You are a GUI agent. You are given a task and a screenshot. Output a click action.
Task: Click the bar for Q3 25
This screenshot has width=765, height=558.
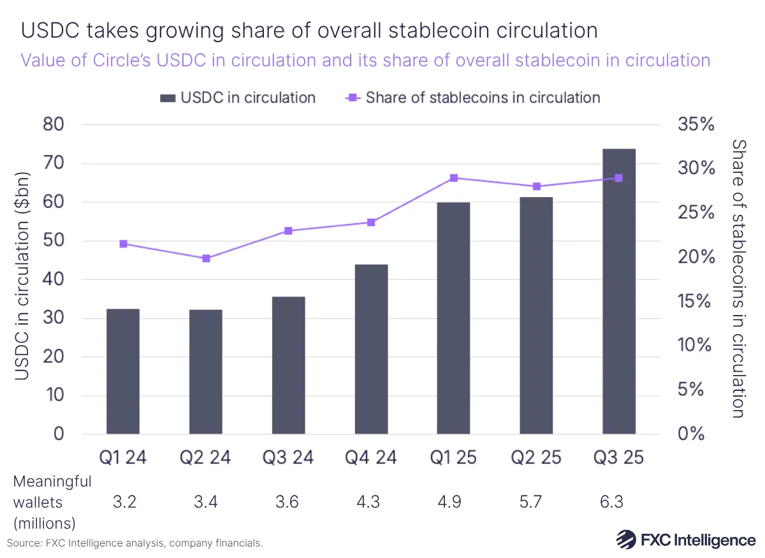[x=618, y=291]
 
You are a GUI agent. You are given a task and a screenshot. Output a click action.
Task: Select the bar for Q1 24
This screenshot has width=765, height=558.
[x=123, y=371]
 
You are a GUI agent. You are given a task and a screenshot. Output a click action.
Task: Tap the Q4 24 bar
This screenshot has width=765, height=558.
[x=371, y=349]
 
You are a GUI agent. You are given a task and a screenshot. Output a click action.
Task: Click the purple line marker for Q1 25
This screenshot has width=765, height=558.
[x=454, y=178]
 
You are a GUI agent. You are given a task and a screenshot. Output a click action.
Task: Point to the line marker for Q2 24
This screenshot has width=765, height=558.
[x=206, y=258]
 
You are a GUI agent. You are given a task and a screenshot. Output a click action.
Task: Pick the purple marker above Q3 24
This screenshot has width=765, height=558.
[x=288, y=231]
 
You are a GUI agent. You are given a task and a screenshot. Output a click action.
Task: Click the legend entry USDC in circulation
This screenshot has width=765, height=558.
[x=238, y=98]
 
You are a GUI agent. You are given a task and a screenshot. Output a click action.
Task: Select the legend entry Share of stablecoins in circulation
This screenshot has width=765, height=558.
[x=472, y=98]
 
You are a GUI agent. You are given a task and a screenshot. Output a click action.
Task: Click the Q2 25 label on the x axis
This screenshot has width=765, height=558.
[x=536, y=457]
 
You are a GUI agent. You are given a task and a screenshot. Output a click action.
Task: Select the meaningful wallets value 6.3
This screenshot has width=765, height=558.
[x=618, y=502]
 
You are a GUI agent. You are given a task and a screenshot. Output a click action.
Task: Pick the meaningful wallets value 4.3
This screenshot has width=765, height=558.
[x=371, y=502]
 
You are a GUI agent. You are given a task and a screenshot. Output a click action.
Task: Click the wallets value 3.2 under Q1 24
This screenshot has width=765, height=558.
[x=123, y=502]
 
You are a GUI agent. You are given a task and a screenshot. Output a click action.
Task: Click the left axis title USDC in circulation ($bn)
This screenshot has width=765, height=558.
[x=22, y=276]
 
